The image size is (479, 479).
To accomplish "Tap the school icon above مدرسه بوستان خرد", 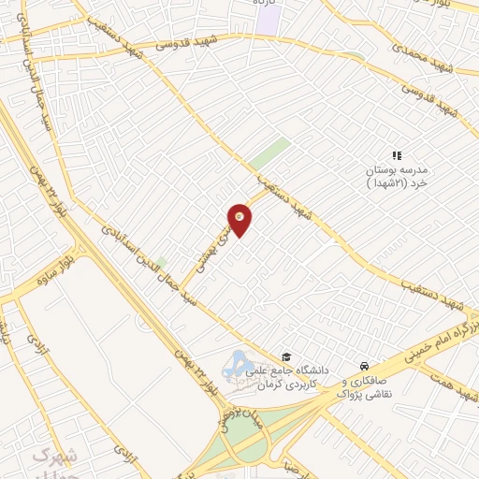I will [x=396, y=155].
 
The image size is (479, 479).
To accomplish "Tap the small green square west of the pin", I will [x=161, y=263].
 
